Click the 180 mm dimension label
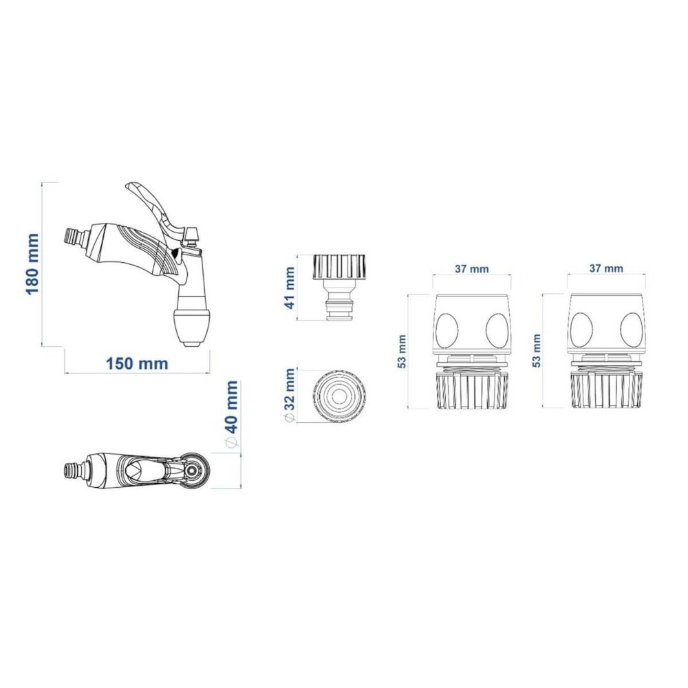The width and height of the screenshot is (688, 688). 33,264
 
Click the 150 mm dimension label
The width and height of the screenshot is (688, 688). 137,364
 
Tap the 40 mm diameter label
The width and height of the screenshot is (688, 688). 230,414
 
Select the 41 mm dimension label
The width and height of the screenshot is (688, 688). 290,288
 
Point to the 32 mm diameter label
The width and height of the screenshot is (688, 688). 290,396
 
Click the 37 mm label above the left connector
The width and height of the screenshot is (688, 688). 471,268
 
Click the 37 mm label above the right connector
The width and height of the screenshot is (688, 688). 606,268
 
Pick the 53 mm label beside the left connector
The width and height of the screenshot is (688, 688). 402,351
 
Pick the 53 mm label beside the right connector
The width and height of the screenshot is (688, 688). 536,351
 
